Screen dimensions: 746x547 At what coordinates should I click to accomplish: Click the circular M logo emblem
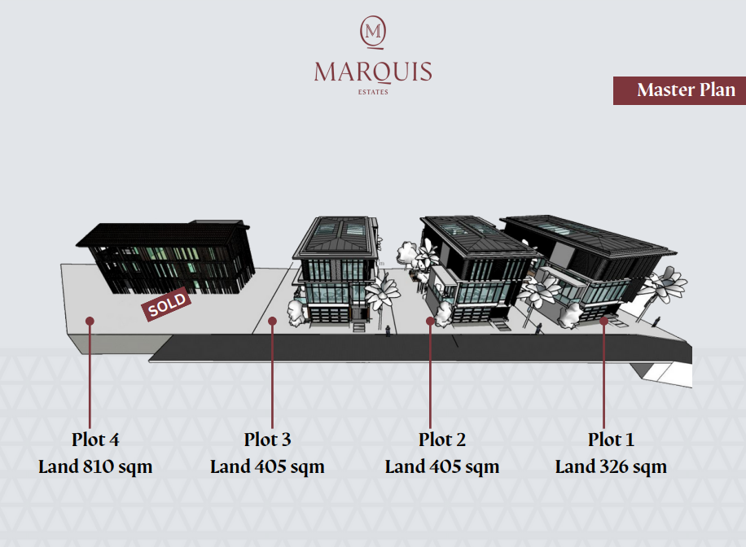373,33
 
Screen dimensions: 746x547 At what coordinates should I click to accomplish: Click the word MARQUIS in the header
373,72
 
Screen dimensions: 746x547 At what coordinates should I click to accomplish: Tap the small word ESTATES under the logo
373,92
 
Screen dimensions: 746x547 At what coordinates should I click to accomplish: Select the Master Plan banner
679,90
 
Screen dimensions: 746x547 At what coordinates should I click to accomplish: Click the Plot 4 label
95,440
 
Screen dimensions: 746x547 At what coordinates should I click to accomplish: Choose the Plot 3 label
267,440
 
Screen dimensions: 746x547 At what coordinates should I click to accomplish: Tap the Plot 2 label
442,440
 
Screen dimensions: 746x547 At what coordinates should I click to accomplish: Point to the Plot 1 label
611,440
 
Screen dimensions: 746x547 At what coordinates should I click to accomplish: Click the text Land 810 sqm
95,466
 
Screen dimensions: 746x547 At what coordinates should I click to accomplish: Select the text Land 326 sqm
611,466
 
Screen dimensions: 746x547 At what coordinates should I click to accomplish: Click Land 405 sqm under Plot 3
267,466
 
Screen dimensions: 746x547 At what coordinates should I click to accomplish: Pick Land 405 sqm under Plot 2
442,466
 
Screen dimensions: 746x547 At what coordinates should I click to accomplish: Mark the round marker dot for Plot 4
90,321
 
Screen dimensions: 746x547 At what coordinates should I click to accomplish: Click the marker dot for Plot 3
272,321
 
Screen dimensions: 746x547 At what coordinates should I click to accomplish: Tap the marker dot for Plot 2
430,321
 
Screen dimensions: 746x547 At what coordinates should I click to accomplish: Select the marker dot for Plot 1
603,321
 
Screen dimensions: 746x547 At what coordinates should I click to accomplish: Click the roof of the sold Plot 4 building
163,234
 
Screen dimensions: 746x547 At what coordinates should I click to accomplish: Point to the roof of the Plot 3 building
336,238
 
